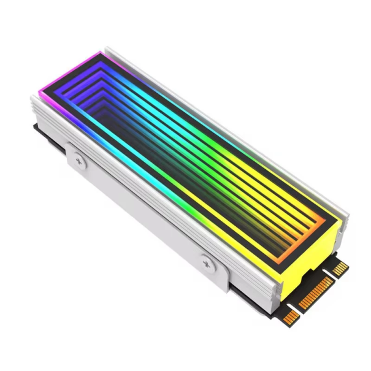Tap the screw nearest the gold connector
[x=207, y=263]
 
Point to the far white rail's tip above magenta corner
[x=107, y=48]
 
